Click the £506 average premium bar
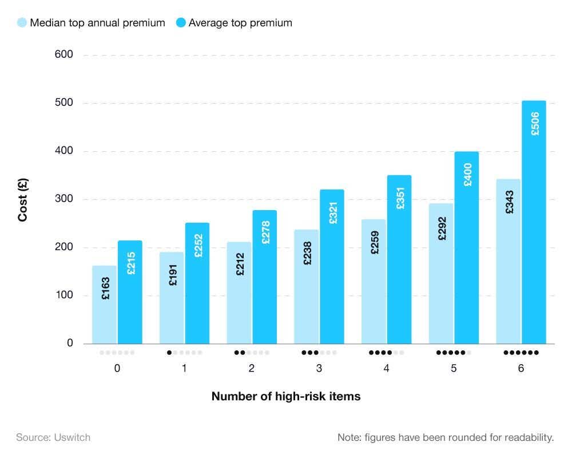coord(534,229)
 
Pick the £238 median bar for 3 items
coord(307,286)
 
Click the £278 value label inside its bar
coord(265,232)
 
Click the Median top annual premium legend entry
coord(92,23)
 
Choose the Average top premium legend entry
coord(234,23)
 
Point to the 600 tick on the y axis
coord(63,55)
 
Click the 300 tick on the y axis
coord(63,199)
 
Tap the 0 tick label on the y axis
coord(70,343)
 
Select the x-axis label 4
coord(387,369)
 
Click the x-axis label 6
coord(521,369)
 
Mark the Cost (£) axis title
coord(23,199)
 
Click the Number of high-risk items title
coord(286,396)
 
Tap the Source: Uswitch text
coord(53,437)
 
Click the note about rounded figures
coord(446,437)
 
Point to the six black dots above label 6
coord(521,353)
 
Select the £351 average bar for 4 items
coord(399,263)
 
